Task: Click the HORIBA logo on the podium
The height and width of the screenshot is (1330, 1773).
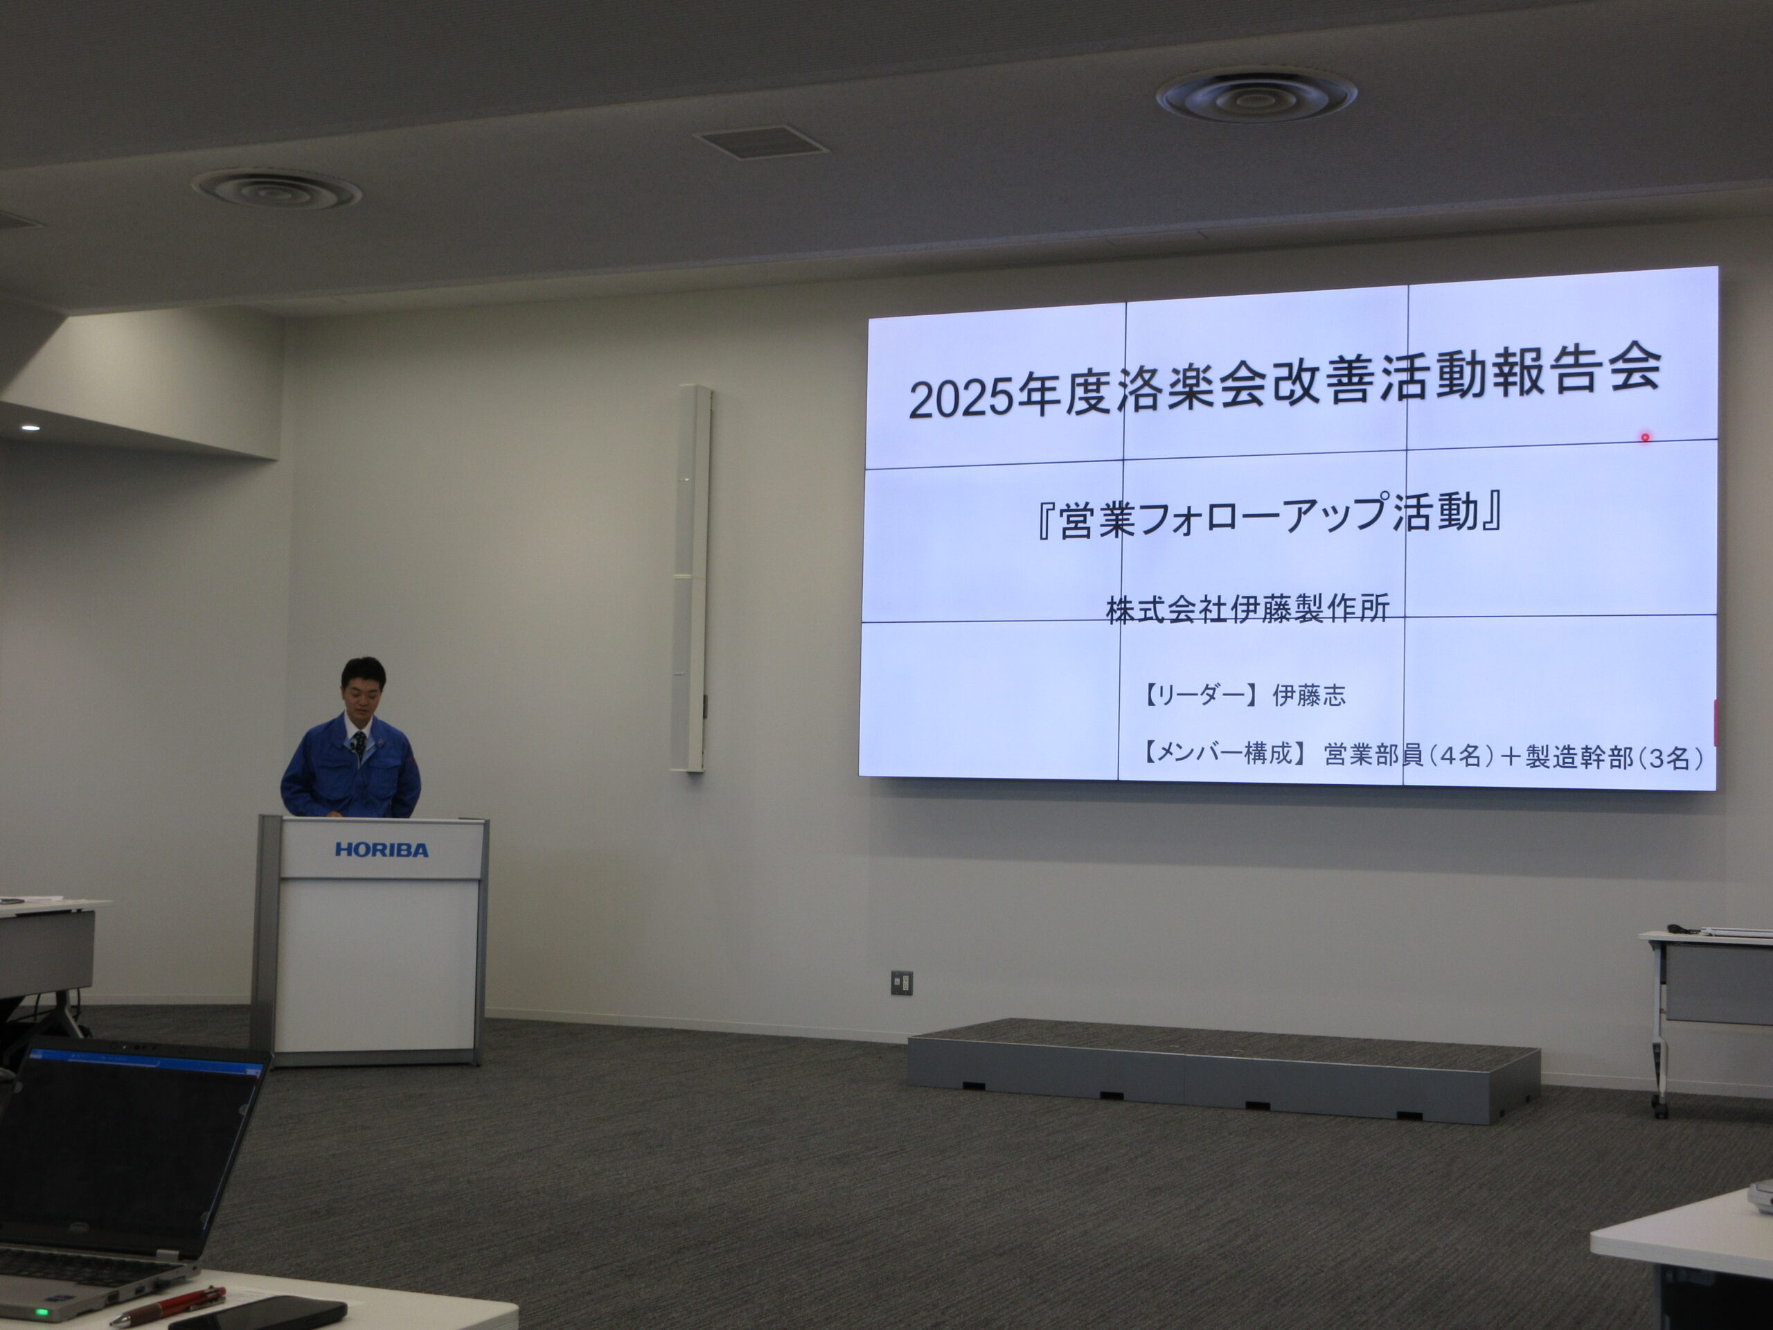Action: [x=382, y=850]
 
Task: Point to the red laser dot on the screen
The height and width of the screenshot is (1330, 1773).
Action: [x=1645, y=438]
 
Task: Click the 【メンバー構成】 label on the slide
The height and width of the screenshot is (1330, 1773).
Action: [x=1223, y=754]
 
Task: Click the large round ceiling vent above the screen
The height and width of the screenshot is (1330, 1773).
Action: [x=1256, y=96]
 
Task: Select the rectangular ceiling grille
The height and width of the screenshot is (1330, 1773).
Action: [x=760, y=142]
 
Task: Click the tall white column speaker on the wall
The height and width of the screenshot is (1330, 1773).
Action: [x=691, y=578]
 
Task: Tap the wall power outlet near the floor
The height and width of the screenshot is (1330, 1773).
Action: [x=902, y=982]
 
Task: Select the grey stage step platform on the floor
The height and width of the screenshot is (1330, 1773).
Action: [x=1223, y=1070]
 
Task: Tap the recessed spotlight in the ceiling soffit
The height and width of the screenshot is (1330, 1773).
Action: [x=30, y=428]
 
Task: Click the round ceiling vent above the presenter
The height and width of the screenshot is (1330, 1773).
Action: [x=276, y=189]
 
